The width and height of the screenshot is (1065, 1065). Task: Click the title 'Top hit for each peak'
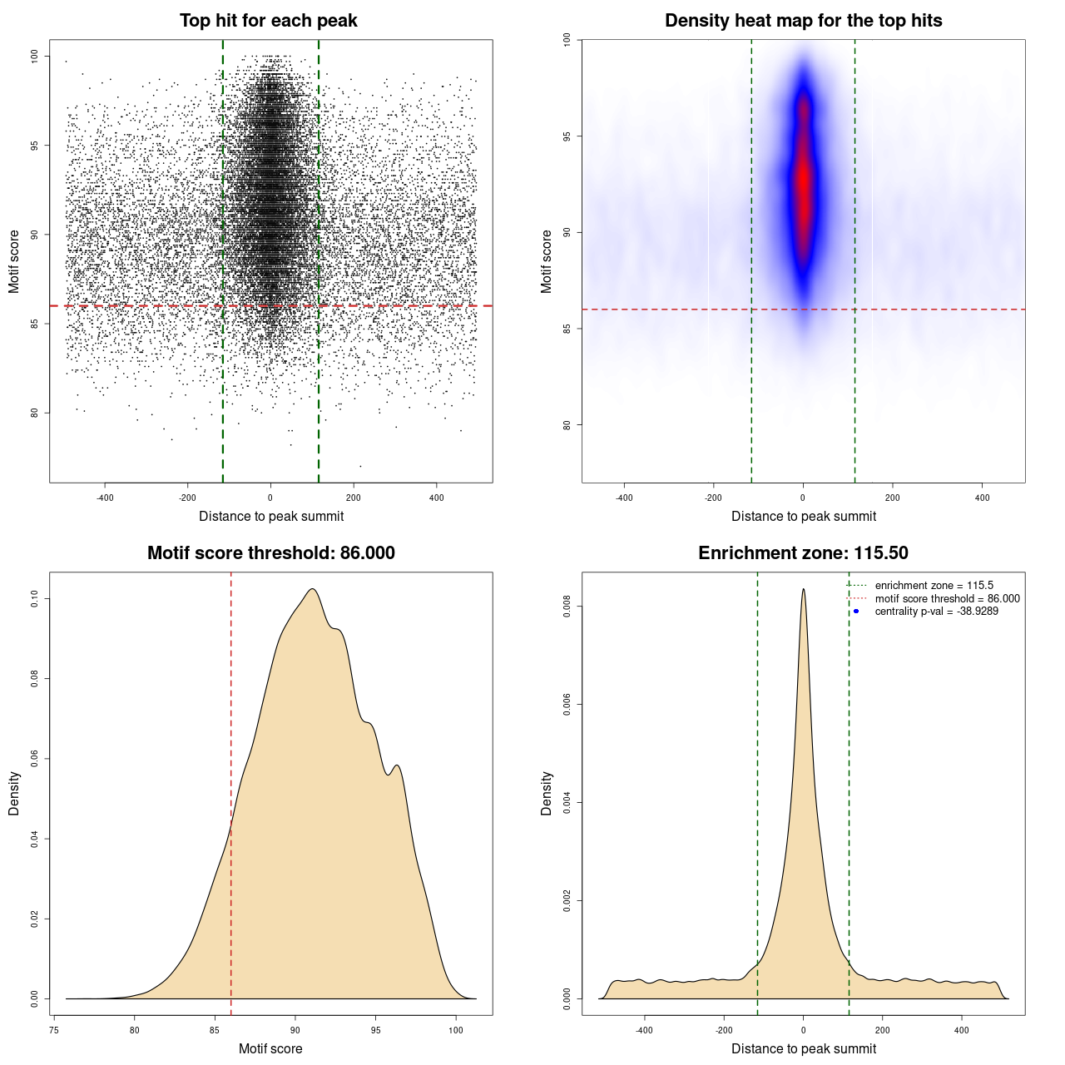point(269,21)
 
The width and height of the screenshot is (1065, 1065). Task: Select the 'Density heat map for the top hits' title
point(803,21)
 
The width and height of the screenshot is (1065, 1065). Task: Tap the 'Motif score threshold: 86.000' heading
point(270,553)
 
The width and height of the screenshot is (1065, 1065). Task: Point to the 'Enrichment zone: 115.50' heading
point(803,553)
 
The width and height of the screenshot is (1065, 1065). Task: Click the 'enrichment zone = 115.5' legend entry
point(934,586)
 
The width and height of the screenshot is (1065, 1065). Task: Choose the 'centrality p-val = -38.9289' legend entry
point(936,612)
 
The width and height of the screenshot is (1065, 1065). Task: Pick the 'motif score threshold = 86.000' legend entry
point(947,599)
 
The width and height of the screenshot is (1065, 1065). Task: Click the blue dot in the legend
point(856,612)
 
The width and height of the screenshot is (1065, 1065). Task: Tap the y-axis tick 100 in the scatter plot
point(35,57)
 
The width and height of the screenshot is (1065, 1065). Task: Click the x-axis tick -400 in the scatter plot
point(106,498)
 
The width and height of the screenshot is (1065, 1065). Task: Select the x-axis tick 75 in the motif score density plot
point(54,1030)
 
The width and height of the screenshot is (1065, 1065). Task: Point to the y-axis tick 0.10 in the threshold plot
point(35,598)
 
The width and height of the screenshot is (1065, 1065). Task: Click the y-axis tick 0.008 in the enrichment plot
point(567,607)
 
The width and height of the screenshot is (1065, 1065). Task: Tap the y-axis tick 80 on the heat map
point(567,424)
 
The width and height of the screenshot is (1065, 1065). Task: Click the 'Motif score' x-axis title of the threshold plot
point(270,1048)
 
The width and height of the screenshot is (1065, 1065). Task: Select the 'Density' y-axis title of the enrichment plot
point(547,793)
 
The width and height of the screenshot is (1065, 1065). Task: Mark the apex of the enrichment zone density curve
point(803,589)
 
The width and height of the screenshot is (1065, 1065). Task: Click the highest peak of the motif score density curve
point(312,589)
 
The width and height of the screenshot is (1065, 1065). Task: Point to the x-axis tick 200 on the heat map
point(892,498)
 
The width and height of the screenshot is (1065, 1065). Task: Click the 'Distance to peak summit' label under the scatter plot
point(271,516)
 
